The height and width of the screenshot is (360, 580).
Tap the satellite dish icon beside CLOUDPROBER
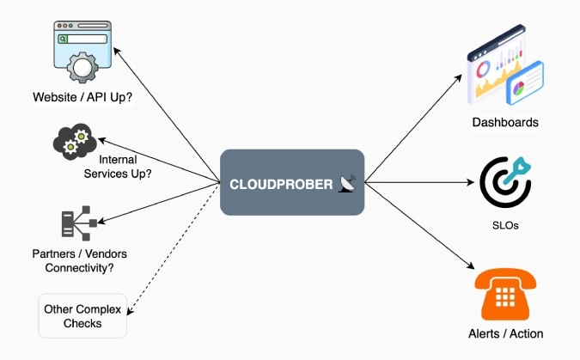(347, 183)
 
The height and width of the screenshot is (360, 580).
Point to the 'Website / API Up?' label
(82, 98)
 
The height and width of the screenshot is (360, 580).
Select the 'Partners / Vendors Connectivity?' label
(73, 261)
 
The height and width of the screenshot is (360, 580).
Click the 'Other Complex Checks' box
(82, 316)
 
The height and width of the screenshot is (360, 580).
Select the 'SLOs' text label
(504, 226)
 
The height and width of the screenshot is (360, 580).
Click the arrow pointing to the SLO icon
(421, 182)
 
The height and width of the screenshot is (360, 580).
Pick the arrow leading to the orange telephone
(421, 228)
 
